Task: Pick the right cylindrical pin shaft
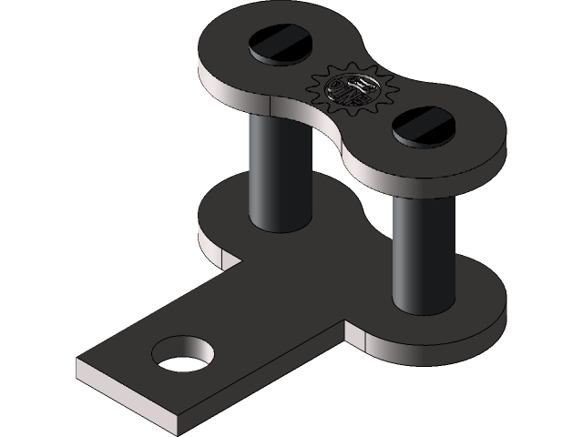click(x=423, y=246)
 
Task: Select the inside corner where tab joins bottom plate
click(x=344, y=320)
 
